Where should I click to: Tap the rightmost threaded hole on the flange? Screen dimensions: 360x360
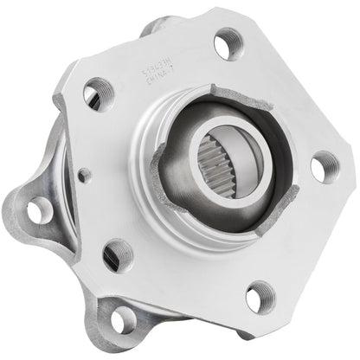(323, 165)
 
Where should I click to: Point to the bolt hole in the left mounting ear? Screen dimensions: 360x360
(39, 209)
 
